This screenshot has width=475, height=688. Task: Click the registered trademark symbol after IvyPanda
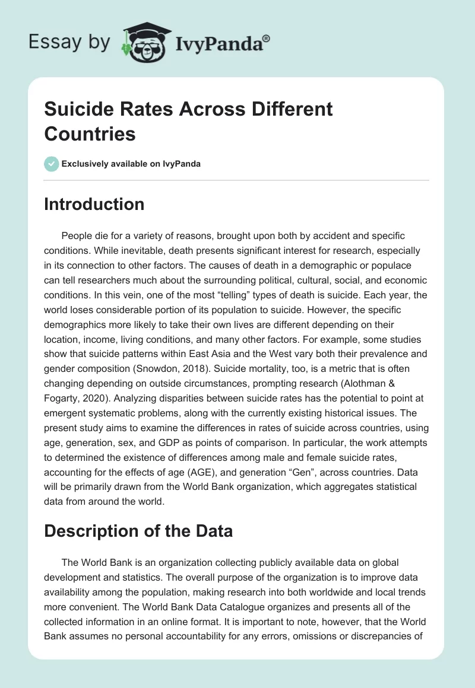[x=266, y=38]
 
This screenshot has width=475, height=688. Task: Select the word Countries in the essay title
[x=90, y=133]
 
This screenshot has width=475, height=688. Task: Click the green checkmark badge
[x=52, y=164]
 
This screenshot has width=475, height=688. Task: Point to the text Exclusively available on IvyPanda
[x=131, y=164]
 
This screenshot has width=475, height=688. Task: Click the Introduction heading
[x=94, y=205]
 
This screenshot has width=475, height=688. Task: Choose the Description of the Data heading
[x=138, y=531]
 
